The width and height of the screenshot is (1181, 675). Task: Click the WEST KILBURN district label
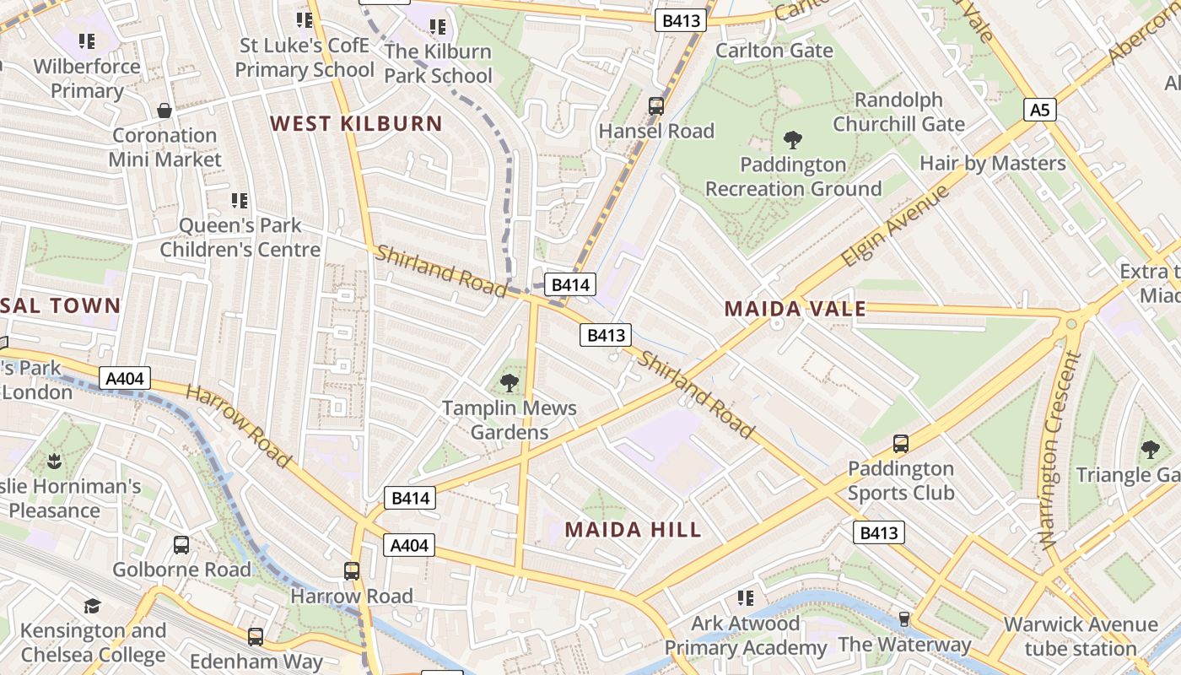(x=356, y=124)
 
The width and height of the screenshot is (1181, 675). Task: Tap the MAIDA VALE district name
(x=795, y=309)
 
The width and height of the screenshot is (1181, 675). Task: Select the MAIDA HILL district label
(x=633, y=530)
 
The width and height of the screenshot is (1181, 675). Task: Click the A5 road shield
(x=1040, y=110)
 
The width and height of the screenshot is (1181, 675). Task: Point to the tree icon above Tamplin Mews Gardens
(x=510, y=383)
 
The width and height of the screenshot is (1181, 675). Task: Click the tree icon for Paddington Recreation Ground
(x=792, y=140)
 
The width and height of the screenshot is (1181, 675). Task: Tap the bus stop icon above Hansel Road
(x=656, y=106)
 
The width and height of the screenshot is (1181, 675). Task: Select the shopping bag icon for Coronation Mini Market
(x=164, y=111)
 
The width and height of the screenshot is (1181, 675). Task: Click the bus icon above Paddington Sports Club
(x=901, y=444)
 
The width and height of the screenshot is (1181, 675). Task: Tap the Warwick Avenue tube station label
(x=1080, y=637)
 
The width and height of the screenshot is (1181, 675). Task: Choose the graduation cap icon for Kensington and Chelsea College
(x=92, y=606)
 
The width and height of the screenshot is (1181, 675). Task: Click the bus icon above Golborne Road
(x=181, y=545)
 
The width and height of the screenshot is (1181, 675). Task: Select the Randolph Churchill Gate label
(x=898, y=112)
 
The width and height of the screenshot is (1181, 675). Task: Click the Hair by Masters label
(x=992, y=163)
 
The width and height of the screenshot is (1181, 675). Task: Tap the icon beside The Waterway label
(x=903, y=620)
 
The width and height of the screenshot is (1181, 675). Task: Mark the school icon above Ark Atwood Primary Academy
(x=745, y=598)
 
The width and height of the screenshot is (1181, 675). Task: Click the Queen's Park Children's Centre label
(x=240, y=238)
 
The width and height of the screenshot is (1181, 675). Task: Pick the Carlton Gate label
(x=774, y=51)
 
